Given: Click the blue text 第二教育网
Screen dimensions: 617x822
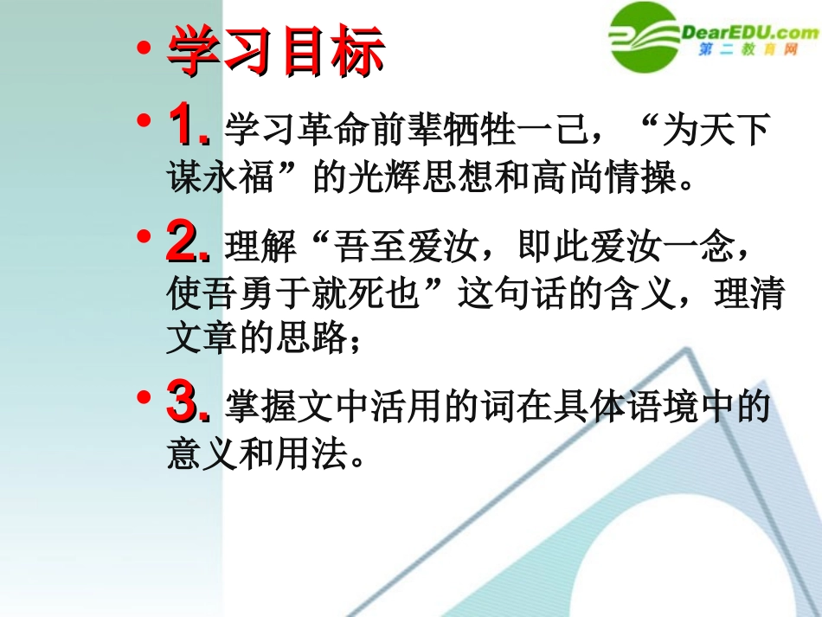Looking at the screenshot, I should pos(748,52).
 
